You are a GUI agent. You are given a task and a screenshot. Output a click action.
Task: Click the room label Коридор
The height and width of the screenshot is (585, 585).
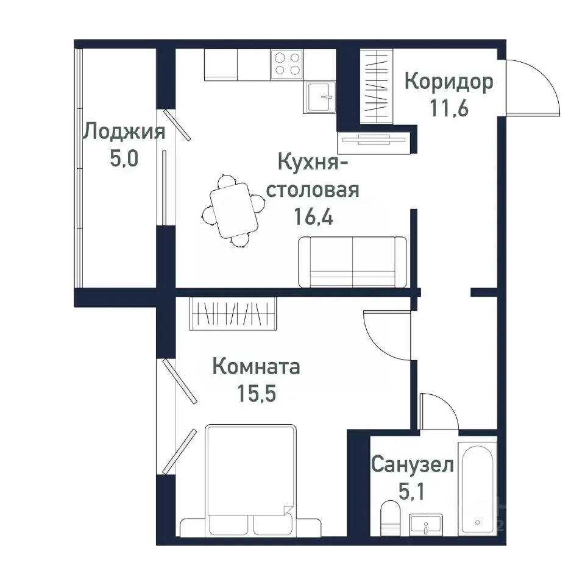point(448,82)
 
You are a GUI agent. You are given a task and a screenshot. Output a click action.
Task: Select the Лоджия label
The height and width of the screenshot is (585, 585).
point(124,132)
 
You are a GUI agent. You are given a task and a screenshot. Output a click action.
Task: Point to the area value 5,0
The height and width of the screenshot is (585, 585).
point(124,159)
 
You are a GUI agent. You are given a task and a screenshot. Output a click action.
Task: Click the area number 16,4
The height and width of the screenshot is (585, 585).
point(313,217)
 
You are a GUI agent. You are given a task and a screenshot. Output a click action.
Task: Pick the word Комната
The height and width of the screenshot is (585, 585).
point(256,367)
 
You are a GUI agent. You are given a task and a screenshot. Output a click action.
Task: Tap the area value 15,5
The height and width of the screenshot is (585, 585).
point(256,394)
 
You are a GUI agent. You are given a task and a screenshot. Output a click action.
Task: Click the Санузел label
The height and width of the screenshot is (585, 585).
point(413,466)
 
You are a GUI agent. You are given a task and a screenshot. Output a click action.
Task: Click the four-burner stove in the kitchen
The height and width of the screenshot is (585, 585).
point(288,63)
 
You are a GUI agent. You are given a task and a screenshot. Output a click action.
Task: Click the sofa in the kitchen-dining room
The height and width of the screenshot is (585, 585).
point(352,262)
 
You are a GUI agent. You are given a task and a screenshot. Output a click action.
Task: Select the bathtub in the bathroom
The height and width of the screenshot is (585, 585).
point(477,487)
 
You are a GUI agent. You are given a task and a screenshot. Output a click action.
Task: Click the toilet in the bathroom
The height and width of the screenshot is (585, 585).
point(388,518)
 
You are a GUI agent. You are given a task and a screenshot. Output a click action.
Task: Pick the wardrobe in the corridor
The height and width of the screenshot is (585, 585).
point(378,85)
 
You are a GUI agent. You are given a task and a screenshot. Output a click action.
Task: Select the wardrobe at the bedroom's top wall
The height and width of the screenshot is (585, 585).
point(233,313)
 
